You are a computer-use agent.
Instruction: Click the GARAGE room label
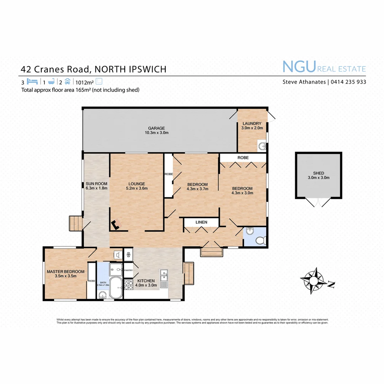pos(156,128)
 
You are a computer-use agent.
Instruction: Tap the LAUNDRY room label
pos(252,123)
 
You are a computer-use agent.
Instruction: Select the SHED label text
pos(319,173)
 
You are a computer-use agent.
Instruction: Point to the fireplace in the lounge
pos(116,225)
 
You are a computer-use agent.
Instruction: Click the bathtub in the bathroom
pos(115,287)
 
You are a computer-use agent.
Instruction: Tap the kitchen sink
pos(164,273)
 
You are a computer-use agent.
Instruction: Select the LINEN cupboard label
pos(201,222)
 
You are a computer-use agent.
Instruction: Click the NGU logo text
pos(299,67)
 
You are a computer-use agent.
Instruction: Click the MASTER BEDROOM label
pos(66,272)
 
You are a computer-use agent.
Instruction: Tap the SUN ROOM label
pos(96,184)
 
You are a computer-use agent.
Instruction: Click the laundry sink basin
pos(262,146)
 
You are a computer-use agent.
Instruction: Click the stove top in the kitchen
pos(128,285)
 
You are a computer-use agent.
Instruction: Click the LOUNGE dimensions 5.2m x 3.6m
pos(137,188)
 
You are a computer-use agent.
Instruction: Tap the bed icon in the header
pos(32,81)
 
